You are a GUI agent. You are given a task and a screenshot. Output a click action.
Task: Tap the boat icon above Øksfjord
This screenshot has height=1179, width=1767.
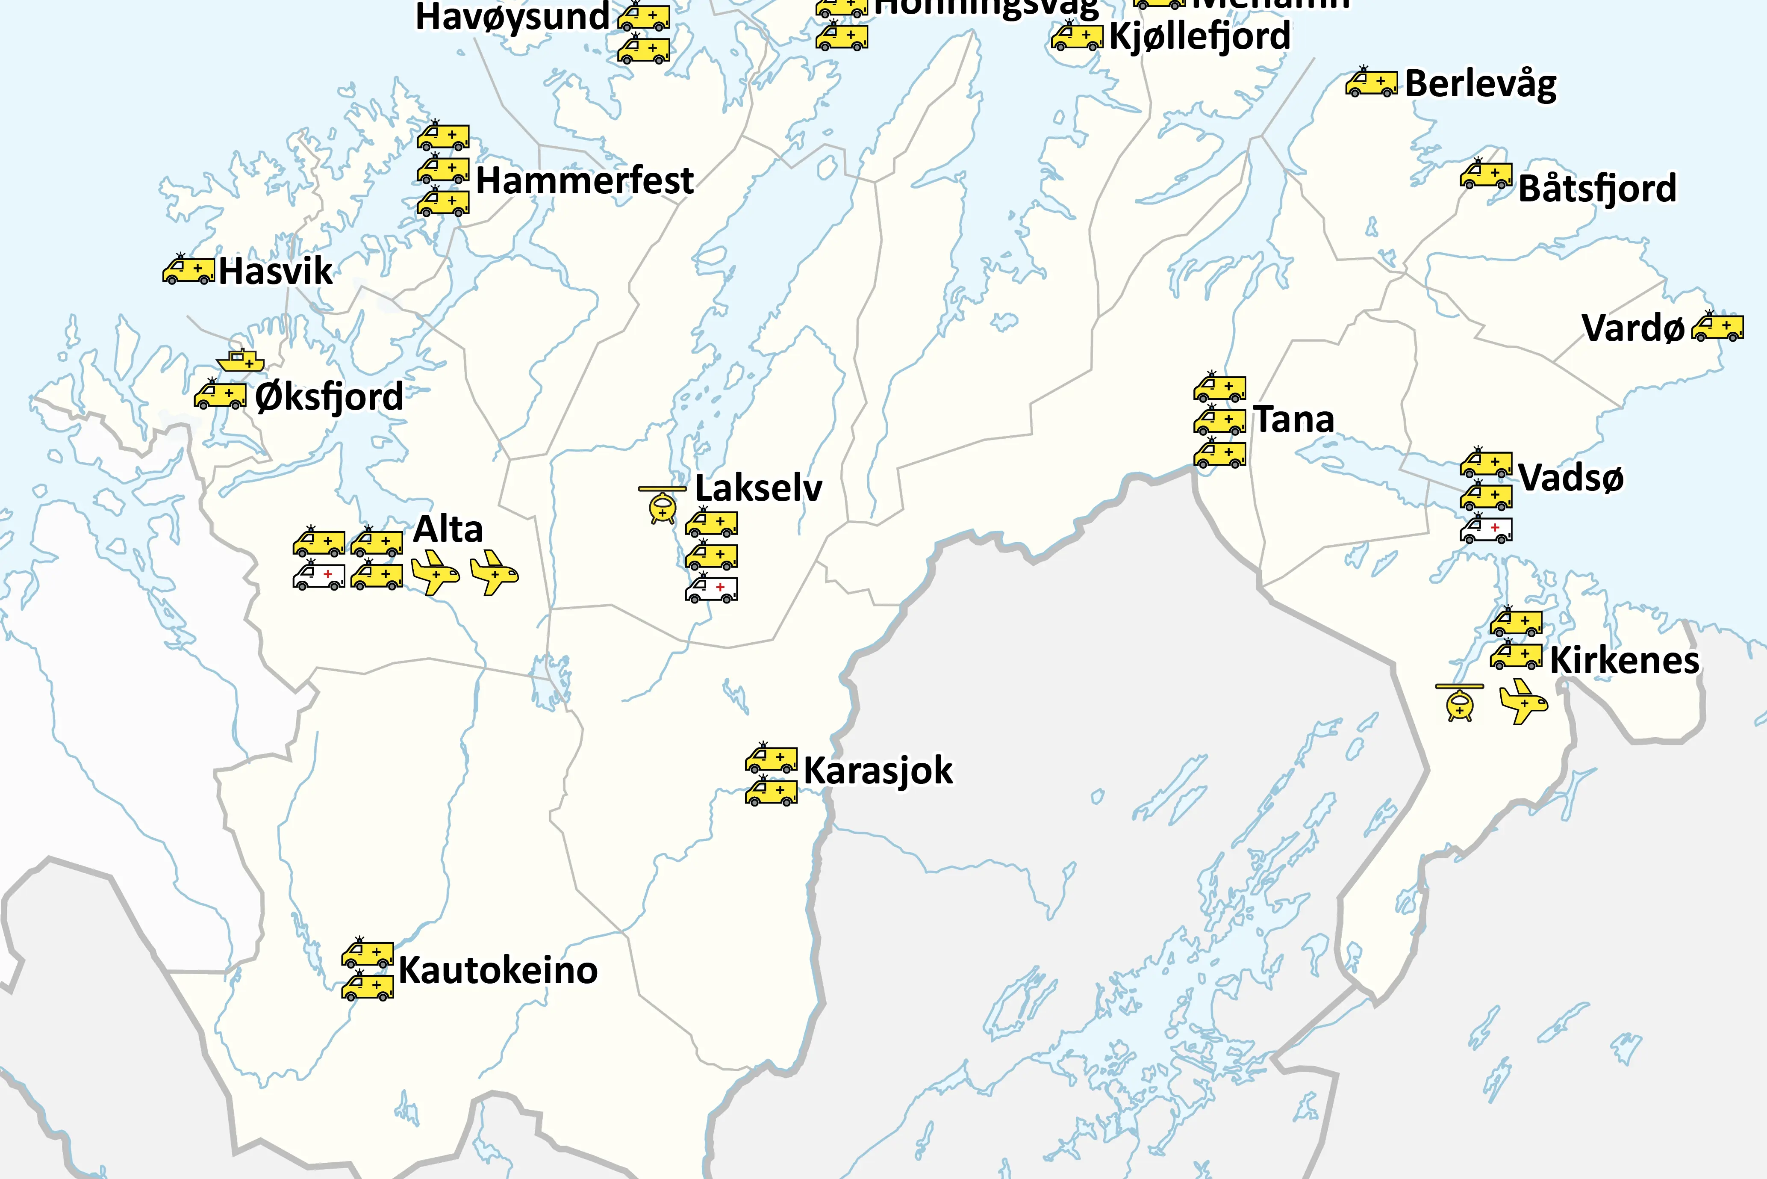click(241, 362)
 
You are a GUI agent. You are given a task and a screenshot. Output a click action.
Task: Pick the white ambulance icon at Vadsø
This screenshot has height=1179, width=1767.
click(1486, 529)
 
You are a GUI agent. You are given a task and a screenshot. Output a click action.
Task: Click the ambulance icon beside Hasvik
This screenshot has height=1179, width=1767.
click(188, 269)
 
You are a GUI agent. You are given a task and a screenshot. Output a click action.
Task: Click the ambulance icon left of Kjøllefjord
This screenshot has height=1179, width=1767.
click(1077, 36)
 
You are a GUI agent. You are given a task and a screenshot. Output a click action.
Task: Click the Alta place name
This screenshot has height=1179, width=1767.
click(448, 529)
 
